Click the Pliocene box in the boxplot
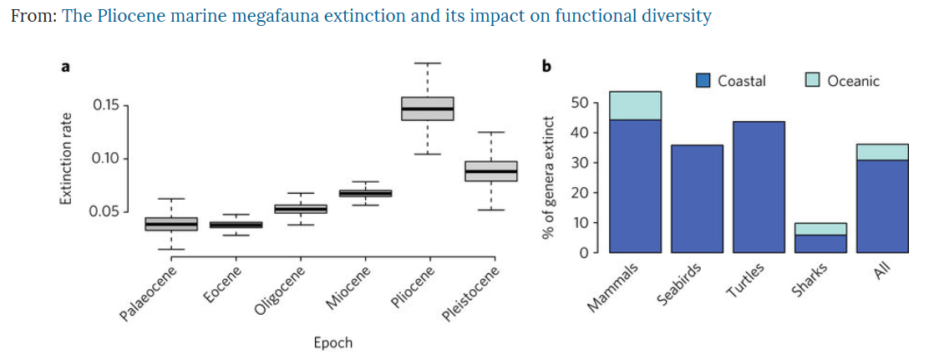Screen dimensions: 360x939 pyautogui.click(x=427, y=109)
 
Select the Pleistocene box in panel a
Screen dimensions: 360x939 pyautogui.click(x=490, y=170)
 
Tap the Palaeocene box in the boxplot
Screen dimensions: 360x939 pyautogui.click(x=170, y=224)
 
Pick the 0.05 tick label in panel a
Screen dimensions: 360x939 pyautogui.click(x=106, y=210)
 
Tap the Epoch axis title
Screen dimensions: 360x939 pyautogui.click(x=332, y=343)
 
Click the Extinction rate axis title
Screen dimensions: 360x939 pyautogui.click(x=64, y=158)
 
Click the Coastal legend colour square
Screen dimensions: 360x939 pyautogui.click(x=703, y=81)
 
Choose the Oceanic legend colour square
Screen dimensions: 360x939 pyautogui.click(x=813, y=81)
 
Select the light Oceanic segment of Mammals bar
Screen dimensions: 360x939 pyautogui.click(x=635, y=105)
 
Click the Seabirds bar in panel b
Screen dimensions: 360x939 pyautogui.click(x=697, y=198)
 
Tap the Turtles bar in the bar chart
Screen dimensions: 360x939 pyautogui.click(x=759, y=186)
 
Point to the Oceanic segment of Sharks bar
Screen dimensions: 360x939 pyautogui.click(x=820, y=229)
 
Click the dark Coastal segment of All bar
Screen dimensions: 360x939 pyautogui.click(x=882, y=205)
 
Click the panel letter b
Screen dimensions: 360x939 pyautogui.click(x=546, y=67)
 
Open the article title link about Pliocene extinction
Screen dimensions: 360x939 pyautogui.click(x=387, y=17)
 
